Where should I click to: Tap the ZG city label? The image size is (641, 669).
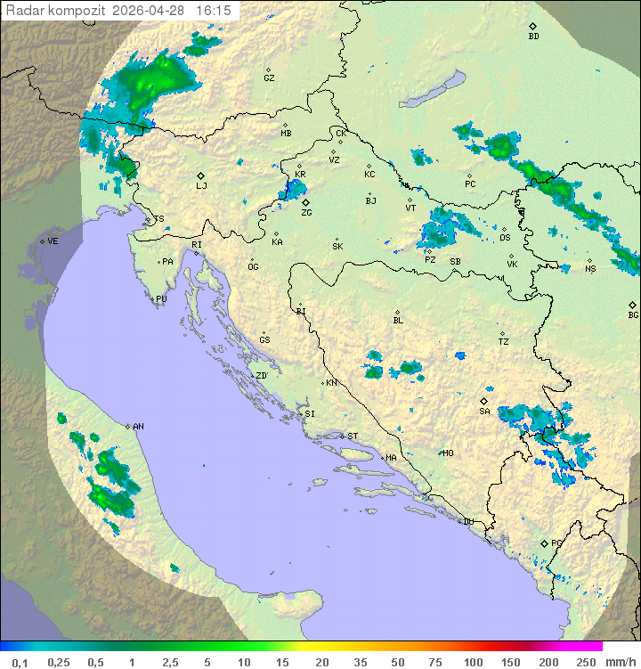306,213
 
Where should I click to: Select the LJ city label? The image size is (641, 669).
201,185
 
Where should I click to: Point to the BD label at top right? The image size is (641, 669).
533,37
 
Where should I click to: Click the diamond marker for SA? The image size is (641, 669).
485,401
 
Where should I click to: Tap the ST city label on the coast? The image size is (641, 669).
353,436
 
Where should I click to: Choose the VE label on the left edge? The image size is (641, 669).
53,241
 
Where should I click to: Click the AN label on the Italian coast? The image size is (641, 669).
138,427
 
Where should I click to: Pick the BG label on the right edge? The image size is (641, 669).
633,314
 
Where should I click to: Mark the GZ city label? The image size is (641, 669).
269,78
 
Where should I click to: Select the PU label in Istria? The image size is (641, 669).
161,299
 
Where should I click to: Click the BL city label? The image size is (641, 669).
398,321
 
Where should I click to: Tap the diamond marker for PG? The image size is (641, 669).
544,543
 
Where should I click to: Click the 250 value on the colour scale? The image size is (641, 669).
586,662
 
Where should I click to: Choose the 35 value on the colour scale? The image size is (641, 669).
361,662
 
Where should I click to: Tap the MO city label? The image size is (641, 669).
448,453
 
